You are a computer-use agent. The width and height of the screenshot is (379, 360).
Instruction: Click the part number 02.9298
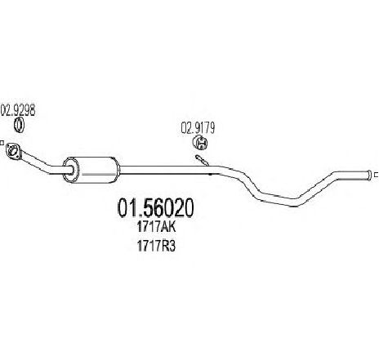[18, 110]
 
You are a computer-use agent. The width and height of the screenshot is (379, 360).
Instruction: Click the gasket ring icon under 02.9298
[19, 126]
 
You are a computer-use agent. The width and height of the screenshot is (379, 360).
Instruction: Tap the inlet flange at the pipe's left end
[12, 151]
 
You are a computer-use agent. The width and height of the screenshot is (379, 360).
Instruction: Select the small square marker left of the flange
[2, 143]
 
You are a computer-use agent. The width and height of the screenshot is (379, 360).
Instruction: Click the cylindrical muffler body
[91, 170]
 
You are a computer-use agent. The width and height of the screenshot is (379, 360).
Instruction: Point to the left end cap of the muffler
[70, 170]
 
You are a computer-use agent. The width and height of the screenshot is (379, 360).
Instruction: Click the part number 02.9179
[198, 128]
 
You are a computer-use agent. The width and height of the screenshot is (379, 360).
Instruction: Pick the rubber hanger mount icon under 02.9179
[200, 144]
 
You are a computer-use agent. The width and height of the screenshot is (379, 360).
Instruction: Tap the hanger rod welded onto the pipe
[203, 160]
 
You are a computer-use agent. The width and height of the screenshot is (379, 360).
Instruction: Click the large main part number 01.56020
[156, 208]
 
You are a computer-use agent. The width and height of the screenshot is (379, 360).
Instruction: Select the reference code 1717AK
[157, 227]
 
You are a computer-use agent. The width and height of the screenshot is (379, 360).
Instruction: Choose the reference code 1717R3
[157, 247]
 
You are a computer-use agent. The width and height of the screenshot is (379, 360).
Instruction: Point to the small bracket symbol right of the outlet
[377, 175]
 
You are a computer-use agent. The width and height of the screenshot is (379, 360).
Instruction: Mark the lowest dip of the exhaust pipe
[293, 202]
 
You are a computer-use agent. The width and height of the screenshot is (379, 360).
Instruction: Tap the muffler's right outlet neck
[119, 170]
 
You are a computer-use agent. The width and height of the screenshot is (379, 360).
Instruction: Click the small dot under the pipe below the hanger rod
[210, 175]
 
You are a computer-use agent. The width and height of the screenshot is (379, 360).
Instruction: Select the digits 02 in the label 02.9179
[186, 128]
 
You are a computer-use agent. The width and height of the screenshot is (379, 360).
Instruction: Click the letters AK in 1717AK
[168, 227]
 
